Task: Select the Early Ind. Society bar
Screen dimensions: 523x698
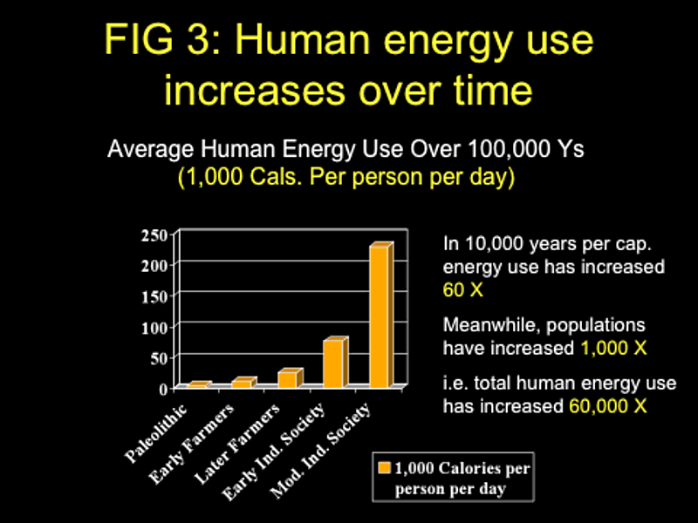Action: (x=333, y=363)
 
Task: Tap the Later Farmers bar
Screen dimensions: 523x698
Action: (x=288, y=378)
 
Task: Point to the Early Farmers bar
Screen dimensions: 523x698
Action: (x=242, y=383)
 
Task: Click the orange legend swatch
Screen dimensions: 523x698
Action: (x=382, y=468)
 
